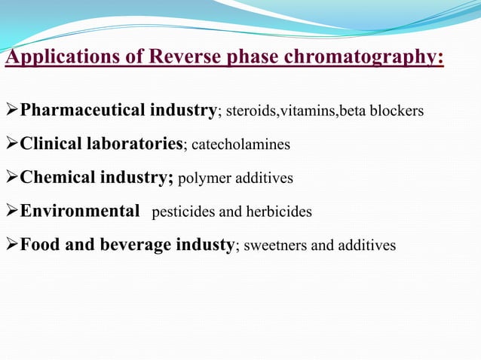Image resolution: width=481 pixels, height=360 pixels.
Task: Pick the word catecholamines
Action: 241,145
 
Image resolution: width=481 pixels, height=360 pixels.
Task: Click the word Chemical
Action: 51,178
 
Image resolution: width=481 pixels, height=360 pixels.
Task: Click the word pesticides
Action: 182,212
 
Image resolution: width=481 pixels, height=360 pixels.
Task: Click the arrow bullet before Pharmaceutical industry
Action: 11,111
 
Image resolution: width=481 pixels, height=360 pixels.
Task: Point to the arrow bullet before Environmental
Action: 11,212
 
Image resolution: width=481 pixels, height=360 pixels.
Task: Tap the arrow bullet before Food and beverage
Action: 11,246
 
